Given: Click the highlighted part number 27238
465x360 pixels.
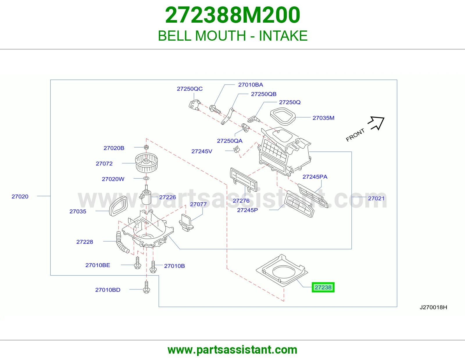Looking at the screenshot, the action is [x=323, y=287].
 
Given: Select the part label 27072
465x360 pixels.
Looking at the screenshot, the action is [x=104, y=163].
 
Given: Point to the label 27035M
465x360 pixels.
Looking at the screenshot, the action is [x=323, y=118].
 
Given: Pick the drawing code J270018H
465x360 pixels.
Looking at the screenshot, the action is [x=433, y=307].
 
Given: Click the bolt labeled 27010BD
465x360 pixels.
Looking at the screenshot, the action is [x=146, y=287].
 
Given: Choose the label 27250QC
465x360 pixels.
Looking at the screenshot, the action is [x=189, y=89].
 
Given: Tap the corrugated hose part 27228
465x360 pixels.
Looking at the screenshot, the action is [x=122, y=242].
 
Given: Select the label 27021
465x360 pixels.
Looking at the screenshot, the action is [x=376, y=198].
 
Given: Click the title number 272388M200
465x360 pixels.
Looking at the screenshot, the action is [x=233, y=15].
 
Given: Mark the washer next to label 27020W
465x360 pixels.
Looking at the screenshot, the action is [x=146, y=178].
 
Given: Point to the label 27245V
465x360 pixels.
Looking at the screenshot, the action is [x=202, y=151].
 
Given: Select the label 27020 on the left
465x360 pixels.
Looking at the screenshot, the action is [x=20, y=197].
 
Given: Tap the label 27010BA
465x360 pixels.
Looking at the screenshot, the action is [x=251, y=85].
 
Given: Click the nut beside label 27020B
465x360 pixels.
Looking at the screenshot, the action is [x=146, y=147].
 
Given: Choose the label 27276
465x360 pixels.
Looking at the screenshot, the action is [x=241, y=201].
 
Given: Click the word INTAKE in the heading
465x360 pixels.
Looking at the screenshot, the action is [x=283, y=36].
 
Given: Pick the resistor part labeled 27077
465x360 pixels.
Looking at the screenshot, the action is [x=186, y=223].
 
